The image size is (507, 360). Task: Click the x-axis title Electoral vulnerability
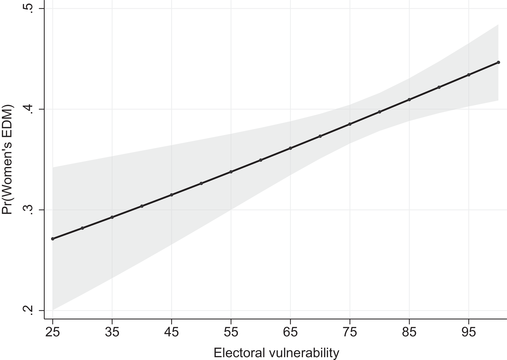click(275, 351)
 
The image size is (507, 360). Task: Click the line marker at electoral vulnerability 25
click(52, 239)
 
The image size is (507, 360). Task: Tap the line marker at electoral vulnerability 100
click(498, 62)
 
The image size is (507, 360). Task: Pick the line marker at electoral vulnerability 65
click(290, 148)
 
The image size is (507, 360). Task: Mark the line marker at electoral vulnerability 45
click(171, 194)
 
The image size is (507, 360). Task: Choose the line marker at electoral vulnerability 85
click(409, 99)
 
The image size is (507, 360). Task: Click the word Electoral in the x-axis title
click(240, 351)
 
